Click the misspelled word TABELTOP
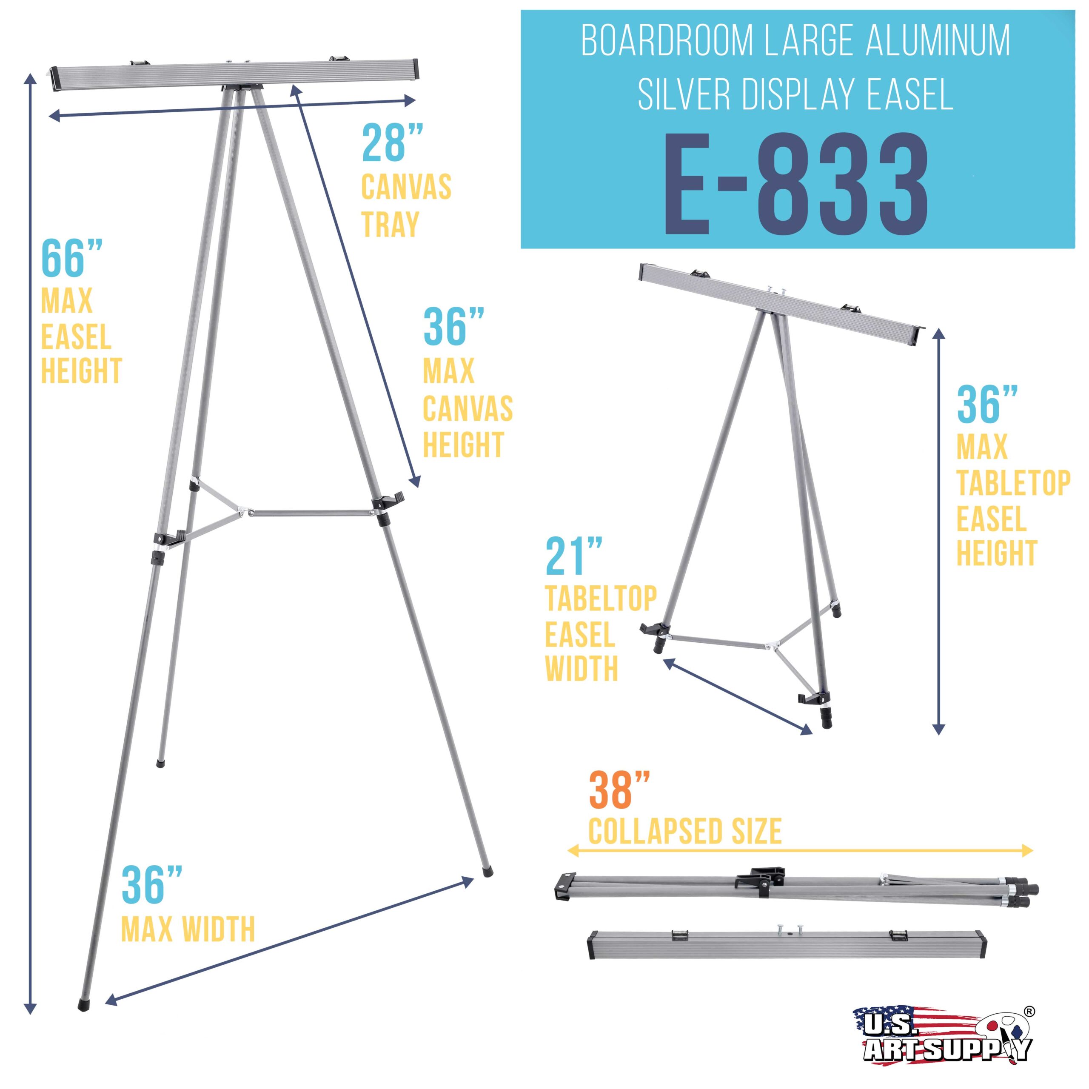tap(601, 599)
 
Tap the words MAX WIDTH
tap(188, 929)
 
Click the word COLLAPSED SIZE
tap(685, 831)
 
